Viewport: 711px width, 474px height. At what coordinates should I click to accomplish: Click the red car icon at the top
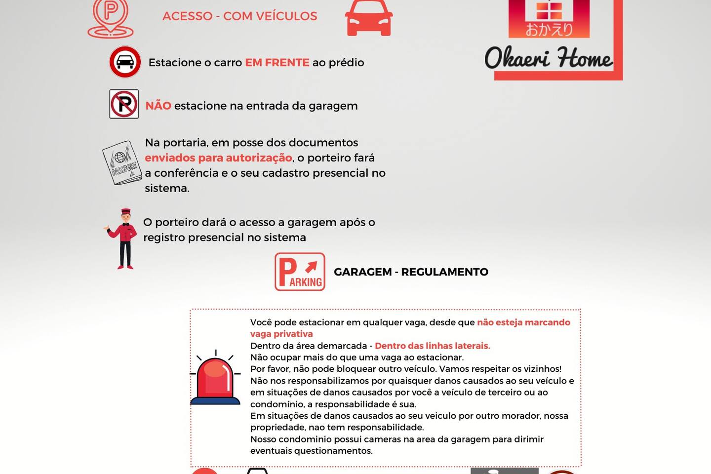point(369,18)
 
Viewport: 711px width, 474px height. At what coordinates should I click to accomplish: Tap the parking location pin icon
point(111,18)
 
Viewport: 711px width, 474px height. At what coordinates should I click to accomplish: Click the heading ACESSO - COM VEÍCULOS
point(239,16)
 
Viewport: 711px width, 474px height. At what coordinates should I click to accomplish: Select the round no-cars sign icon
point(125,62)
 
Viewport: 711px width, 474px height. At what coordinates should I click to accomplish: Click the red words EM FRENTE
point(277,63)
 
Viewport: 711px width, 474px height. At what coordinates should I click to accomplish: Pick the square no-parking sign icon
point(124,104)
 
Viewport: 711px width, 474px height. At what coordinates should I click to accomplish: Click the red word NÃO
point(158,106)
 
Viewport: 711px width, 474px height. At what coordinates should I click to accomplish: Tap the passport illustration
point(121,163)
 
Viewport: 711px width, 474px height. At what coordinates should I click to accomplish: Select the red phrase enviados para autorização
point(218,158)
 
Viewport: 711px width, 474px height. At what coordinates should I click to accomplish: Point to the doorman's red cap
point(126,211)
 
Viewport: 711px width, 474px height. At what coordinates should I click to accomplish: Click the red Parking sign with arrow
point(300,272)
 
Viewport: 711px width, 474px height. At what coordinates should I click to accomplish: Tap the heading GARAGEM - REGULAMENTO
point(411,272)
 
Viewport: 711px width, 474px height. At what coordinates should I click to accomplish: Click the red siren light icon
point(215,379)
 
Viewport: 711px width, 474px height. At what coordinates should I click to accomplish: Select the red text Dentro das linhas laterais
point(432,346)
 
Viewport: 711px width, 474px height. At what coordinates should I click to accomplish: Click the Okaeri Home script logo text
point(548,58)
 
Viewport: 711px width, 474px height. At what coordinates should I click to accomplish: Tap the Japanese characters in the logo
point(549,30)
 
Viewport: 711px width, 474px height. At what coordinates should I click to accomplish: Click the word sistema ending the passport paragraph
point(166,189)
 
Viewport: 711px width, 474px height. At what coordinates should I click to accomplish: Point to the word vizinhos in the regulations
point(542,369)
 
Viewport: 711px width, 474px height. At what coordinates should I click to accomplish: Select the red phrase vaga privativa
point(281,334)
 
